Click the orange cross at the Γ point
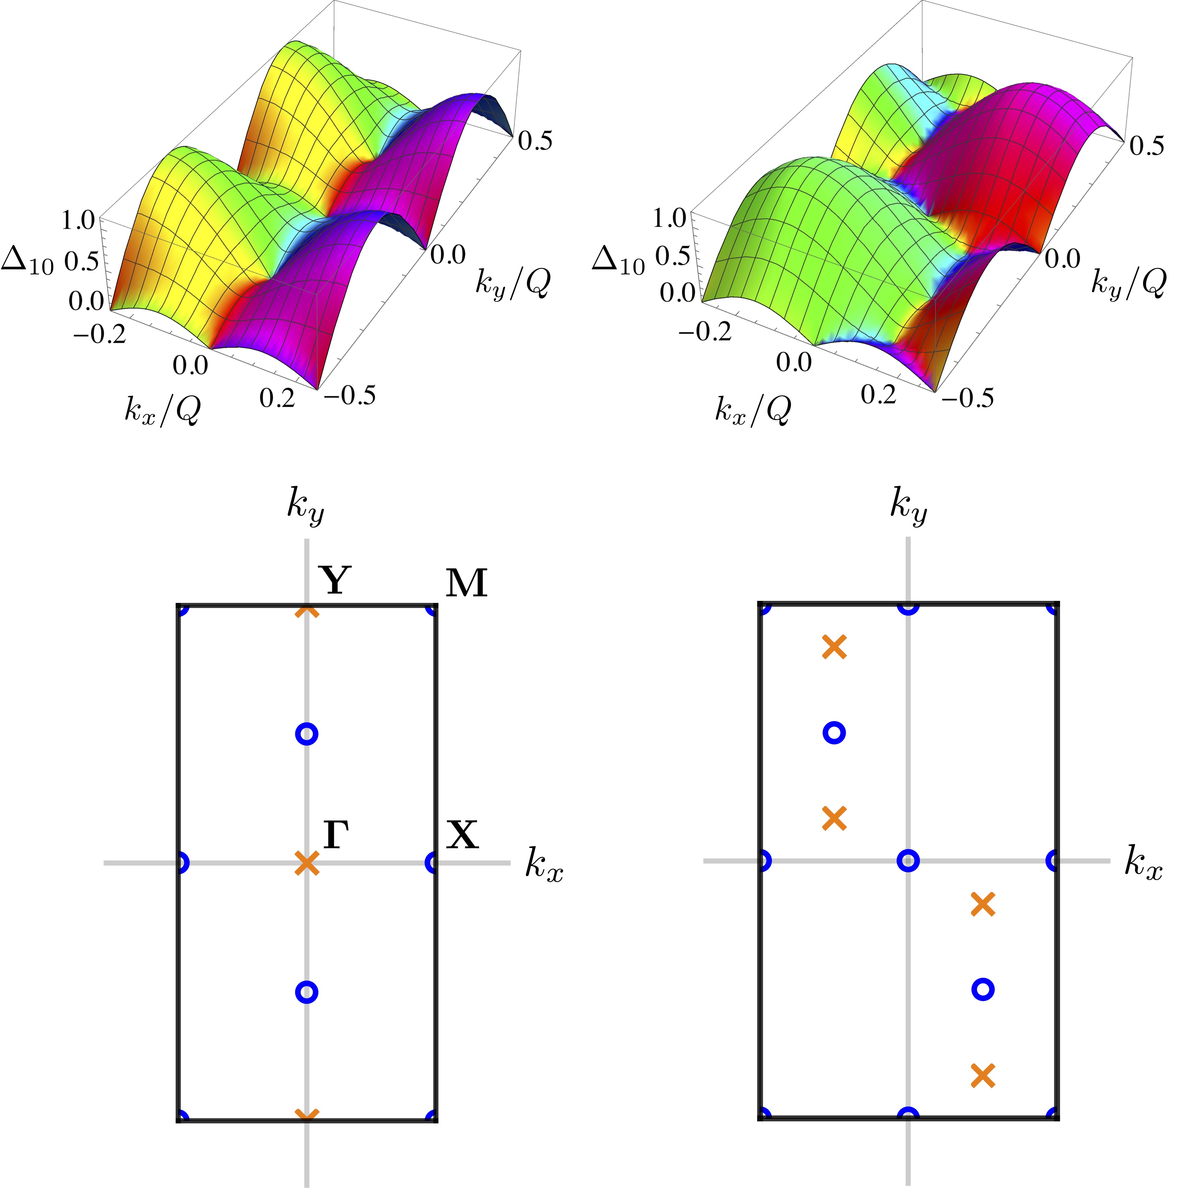pyautogui.click(x=307, y=863)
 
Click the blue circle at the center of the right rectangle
pyautogui.click(x=908, y=861)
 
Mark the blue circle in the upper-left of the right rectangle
pyautogui.click(x=834, y=733)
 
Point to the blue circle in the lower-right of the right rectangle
pyautogui.click(x=982, y=989)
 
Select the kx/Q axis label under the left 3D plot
pyautogui.click(x=163, y=410)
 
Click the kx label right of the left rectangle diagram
pyautogui.click(x=544, y=865)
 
